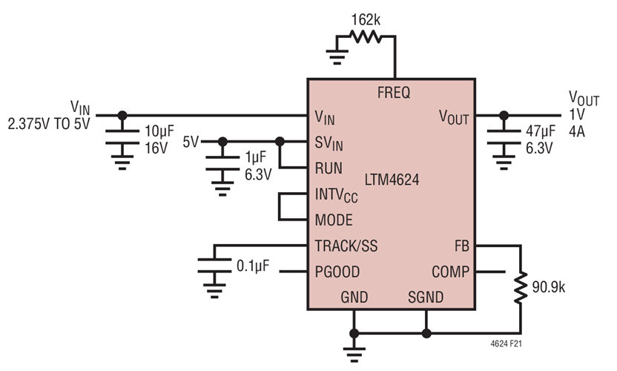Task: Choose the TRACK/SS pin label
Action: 346,246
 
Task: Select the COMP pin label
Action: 449,272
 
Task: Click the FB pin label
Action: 461,246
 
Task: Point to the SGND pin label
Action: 426,298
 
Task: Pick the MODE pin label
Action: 334,220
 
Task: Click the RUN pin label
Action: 329,168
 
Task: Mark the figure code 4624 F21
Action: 511,344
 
